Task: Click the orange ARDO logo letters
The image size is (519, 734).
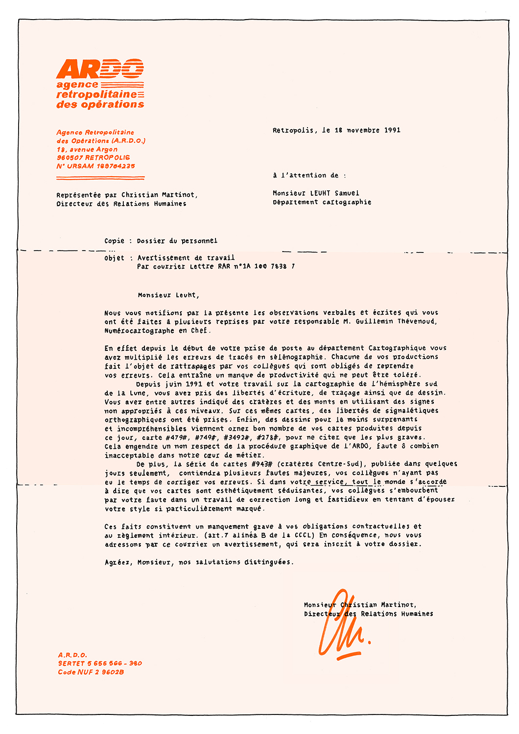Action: [x=100, y=69]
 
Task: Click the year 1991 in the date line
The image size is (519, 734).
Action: [x=392, y=130]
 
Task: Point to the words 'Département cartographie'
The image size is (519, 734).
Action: [x=322, y=202]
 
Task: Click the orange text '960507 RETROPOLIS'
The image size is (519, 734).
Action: [x=93, y=158]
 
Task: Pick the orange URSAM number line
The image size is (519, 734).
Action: [x=95, y=166]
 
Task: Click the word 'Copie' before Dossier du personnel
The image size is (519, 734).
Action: [x=114, y=241]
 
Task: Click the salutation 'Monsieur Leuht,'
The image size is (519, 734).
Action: [x=168, y=295]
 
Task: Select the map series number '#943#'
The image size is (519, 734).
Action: [x=261, y=464]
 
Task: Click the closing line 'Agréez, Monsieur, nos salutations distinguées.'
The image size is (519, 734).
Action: [x=199, y=562]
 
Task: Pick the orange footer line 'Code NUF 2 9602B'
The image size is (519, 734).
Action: [x=91, y=672]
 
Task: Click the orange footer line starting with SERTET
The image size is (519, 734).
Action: [x=100, y=664]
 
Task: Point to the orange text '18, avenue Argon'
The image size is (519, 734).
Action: [x=87, y=149]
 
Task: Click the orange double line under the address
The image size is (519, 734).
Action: [x=100, y=177]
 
